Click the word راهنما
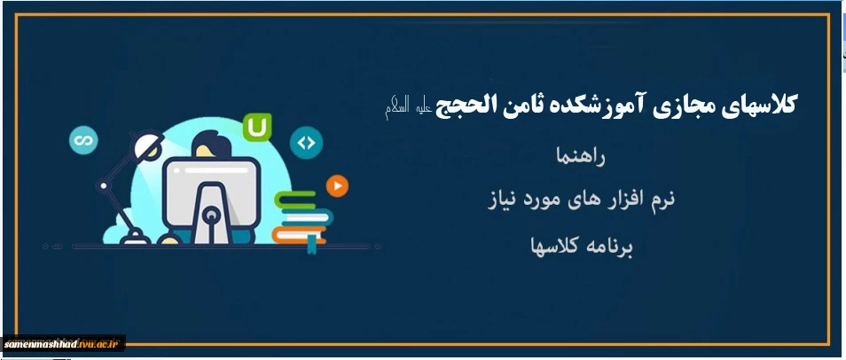[x=581, y=157]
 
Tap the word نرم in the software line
[x=661, y=200]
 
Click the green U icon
[x=257, y=128]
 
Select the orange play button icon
[x=337, y=186]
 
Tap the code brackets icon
[x=306, y=143]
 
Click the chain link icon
[x=83, y=140]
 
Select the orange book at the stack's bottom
[x=298, y=235]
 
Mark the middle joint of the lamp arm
[x=103, y=186]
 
